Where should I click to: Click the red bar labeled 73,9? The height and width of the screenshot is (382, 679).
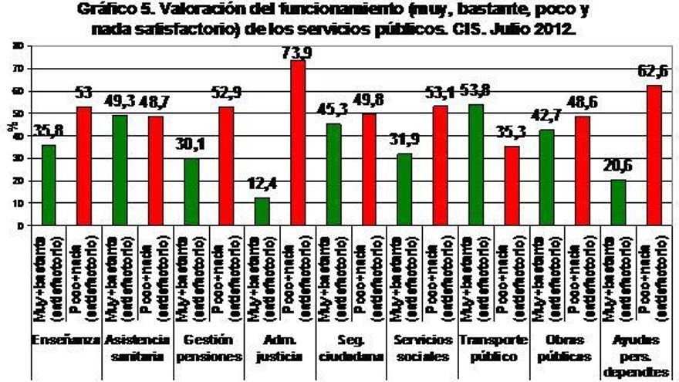(x=297, y=143)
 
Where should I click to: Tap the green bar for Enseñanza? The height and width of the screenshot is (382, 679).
(x=49, y=185)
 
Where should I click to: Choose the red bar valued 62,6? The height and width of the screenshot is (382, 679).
(x=654, y=155)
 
